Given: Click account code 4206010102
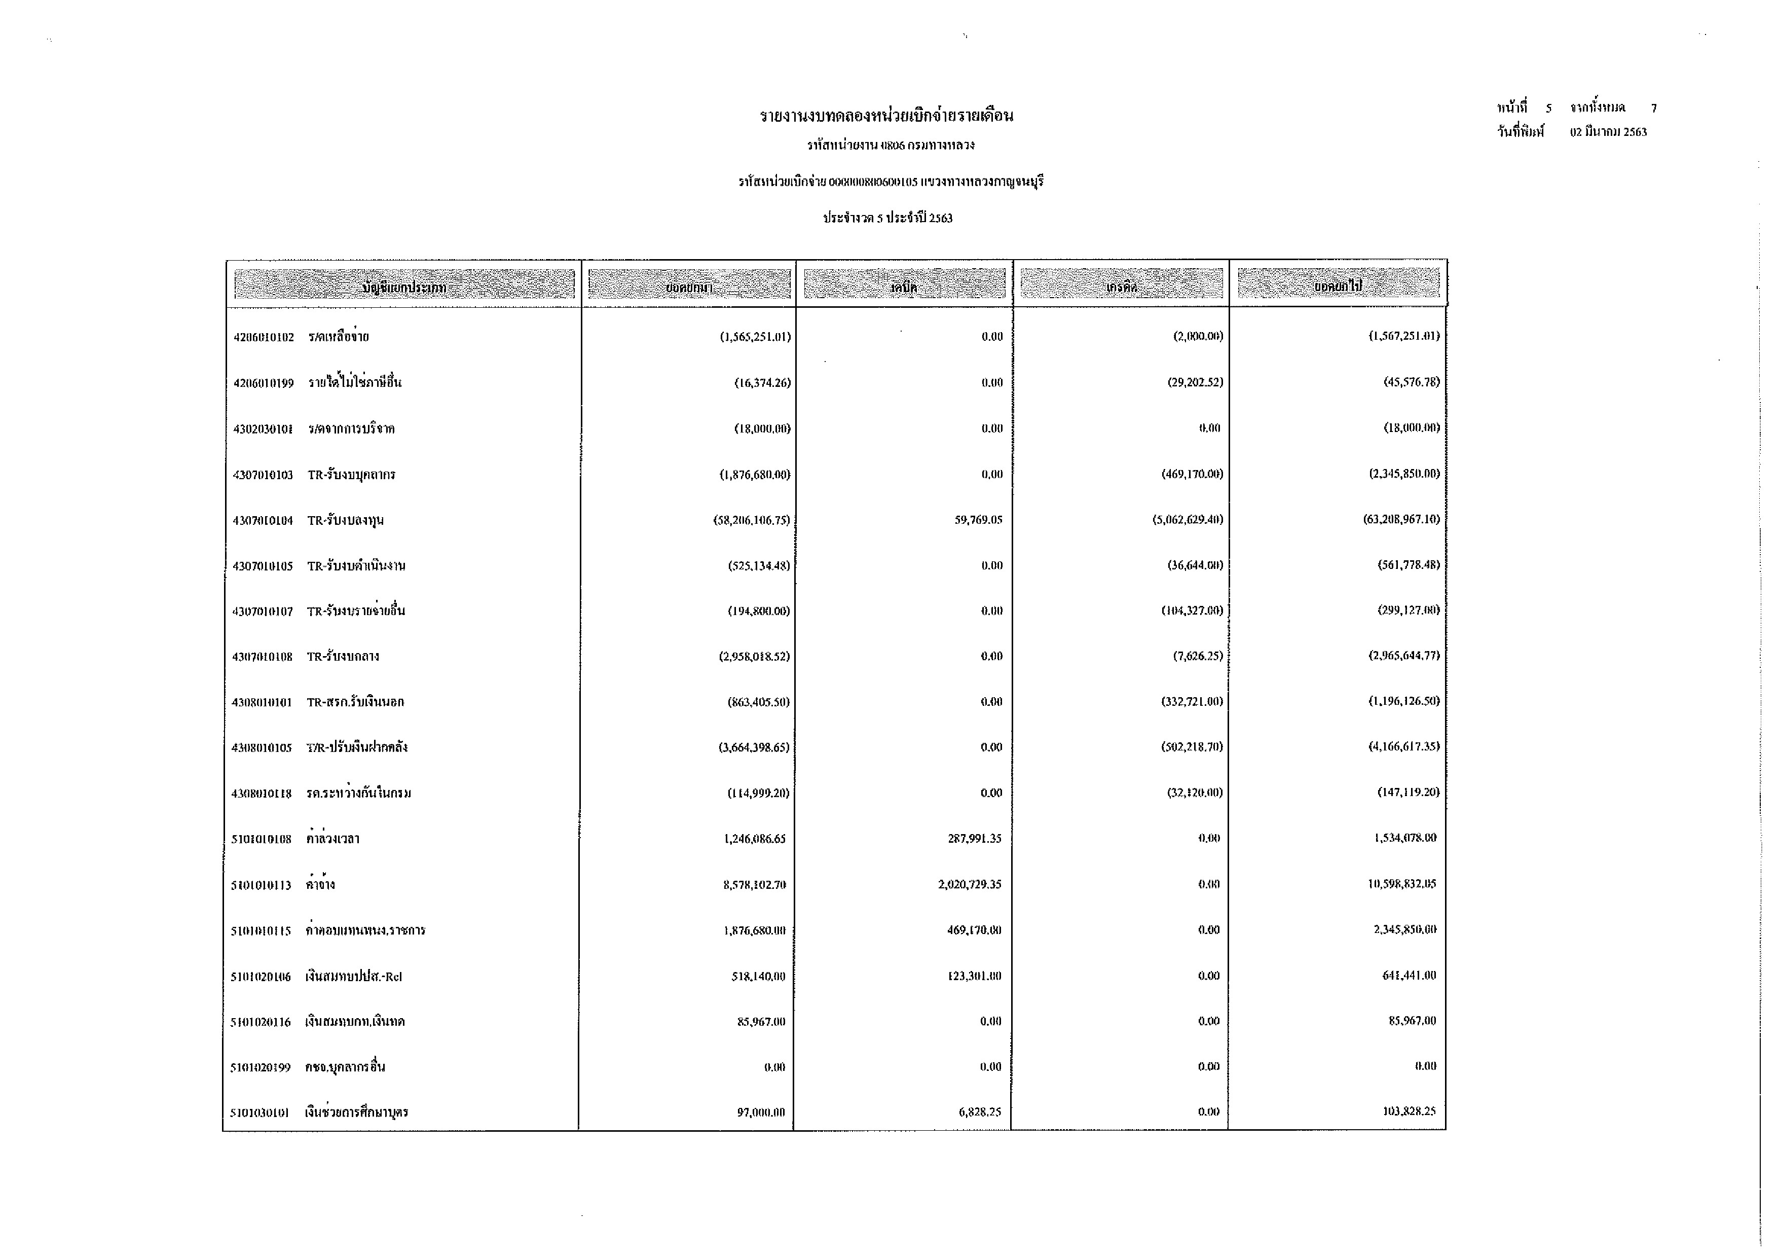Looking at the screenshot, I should (263, 337).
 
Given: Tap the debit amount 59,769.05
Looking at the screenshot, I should (978, 520).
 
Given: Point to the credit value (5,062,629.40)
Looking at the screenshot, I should (1187, 520).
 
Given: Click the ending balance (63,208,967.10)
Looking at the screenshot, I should (1401, 519).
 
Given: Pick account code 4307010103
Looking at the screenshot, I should (263, 475).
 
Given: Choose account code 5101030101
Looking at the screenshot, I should (260, 1113).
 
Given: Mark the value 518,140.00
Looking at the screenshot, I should (758, 976).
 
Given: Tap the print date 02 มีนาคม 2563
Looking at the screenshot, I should (1608, 132).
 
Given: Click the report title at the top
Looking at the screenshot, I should (886, 116).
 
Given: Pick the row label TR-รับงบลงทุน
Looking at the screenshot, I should (345, 521).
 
